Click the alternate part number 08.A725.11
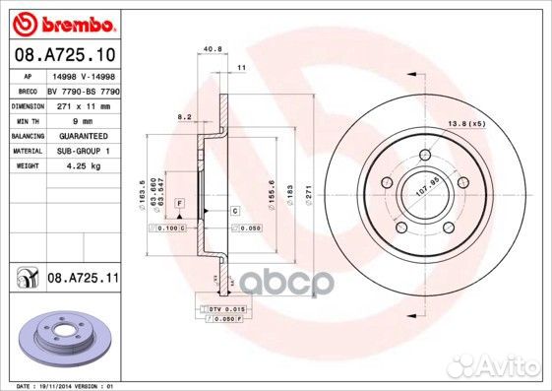(83, 280)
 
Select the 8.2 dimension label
(183, 117)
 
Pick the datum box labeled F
(180, 202)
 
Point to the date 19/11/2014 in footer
(59, 385)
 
